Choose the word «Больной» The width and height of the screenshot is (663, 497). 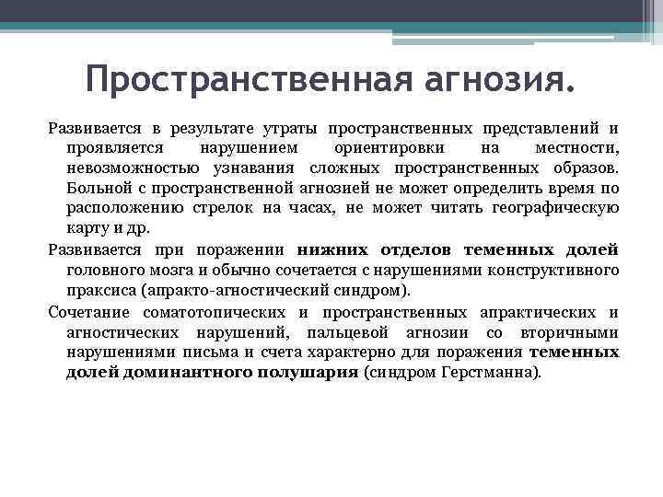[96, 189]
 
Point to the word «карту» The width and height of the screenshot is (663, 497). [86, 228]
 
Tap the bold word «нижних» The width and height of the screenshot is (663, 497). [332, 249]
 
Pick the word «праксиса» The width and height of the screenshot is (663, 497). [99, 289]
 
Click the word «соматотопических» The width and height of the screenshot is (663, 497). [217, 312]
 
